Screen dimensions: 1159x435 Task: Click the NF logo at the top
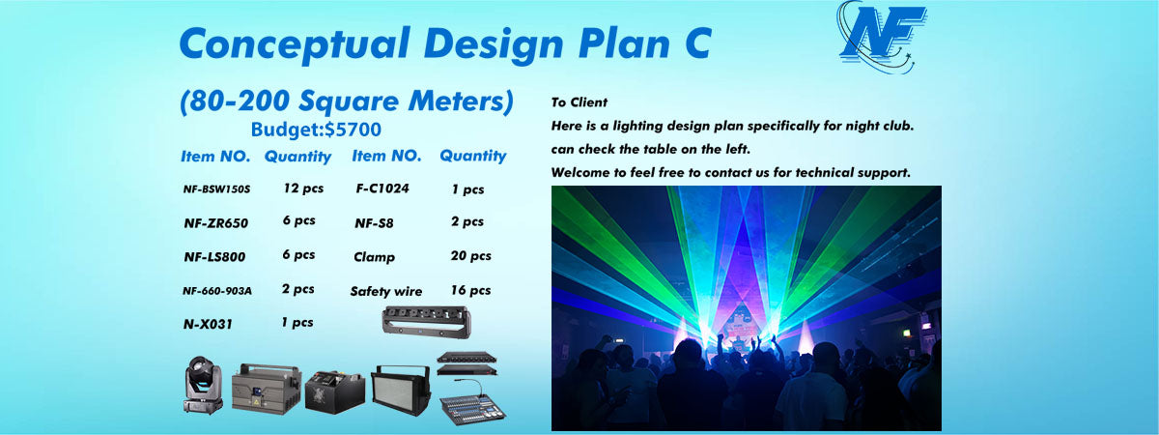click(881, 37)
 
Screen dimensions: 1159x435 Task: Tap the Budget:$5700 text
click(316, 130)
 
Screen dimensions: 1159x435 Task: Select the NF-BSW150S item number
click(216, 189)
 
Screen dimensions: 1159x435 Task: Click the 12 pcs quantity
click(303, 188)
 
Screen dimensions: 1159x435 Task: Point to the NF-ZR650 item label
click(216, 223)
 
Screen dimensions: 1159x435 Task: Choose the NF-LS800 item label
click(214, 257)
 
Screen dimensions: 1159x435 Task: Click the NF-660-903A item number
click(217, 291)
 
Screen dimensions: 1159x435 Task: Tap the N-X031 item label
click(208, 324)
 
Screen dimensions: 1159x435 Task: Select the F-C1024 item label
click(382, 188)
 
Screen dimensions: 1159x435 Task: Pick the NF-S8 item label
click(374, 223)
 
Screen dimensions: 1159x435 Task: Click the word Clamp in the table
click(374, 257)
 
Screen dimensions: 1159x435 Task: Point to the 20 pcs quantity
click(471, 256)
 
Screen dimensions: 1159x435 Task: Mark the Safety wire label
click(386, 292)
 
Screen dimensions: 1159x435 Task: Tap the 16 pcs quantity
click(470, 290)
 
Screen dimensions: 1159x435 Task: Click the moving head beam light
click(204, 386)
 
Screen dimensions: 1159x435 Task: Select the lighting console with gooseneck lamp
click(472, 402)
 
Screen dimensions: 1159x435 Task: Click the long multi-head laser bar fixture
click(426, 322)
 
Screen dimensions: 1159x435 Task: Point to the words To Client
click(579, 102)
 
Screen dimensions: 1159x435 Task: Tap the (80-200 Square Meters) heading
click(346, 101)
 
